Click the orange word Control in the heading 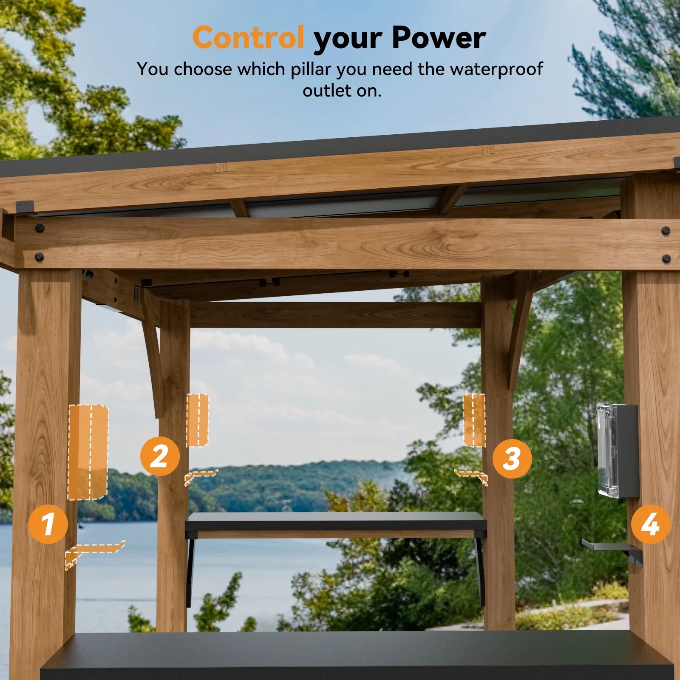point(248,37)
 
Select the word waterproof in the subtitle point(496,69)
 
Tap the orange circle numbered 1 point(48,524)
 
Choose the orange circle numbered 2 point(160,456)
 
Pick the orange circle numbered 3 point(512,459)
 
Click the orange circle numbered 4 point(650,524)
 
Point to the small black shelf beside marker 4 point(608,545)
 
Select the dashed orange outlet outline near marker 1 point(88,451)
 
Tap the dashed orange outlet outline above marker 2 point(197,420)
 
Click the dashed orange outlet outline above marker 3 point(474,420)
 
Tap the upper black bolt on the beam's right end point(665,231)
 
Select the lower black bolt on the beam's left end point(39,257)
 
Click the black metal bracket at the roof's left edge point(25,207)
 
